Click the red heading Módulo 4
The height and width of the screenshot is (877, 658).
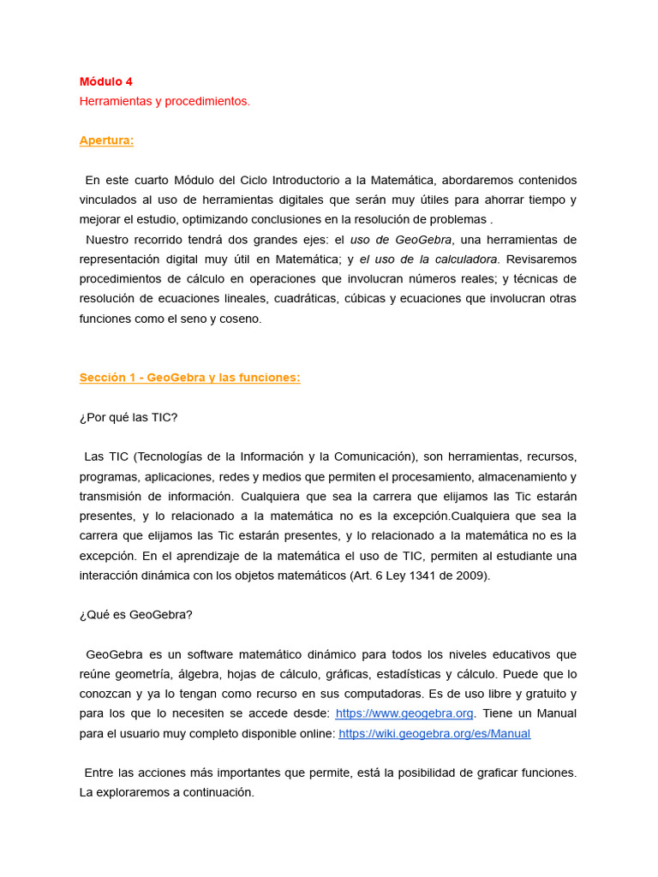point(106,81)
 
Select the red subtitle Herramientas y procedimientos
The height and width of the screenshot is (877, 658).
point(164,101)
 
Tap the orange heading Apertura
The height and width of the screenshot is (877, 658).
point(106,140)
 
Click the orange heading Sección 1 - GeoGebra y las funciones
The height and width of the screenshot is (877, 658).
point(189,378)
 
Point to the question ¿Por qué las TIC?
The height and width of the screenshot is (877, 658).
point(129,417)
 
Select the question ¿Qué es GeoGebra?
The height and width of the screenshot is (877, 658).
point(136,614)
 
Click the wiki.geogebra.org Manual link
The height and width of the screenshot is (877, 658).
point(434,734)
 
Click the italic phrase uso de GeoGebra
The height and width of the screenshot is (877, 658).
point(401,240)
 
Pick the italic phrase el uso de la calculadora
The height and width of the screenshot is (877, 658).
point(428,260)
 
